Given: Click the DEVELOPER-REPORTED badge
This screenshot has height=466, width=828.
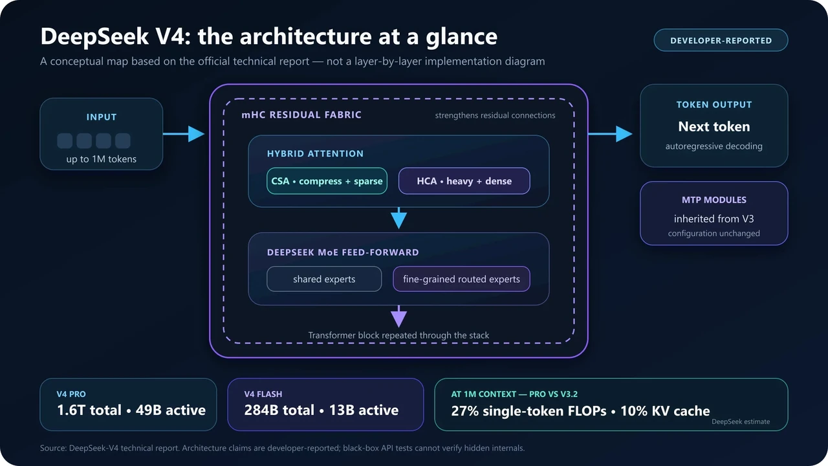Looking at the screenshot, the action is pyautogui.click(x=721, y=40).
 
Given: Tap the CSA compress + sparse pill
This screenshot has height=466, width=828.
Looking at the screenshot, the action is pyautogui.click(x=327, y=181).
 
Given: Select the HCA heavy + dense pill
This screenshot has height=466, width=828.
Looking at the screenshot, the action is pyautogui.click(x=464, y=181).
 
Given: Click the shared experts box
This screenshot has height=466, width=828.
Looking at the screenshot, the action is pyautogui.click(x=324, y=279).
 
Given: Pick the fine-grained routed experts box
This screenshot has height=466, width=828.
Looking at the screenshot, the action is pyautogui.click(x=461, y=279).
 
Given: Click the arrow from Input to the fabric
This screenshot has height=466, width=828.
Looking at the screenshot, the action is pyautogui.click(x=184, y=133).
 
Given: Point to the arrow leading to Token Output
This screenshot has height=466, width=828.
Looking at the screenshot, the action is pyautogui.click(x=610, y=133).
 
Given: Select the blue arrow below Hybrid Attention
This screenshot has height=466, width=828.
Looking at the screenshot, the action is pyautogui.click(x=399, y=218).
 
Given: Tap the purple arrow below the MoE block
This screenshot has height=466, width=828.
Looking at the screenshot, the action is pyautogui.click(x=399, y=316).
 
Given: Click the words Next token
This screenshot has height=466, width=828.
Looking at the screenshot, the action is pyautogui.click(x=714, y=126).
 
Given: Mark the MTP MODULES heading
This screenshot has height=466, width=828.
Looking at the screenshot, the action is pyautogui.click(x=714, y=200).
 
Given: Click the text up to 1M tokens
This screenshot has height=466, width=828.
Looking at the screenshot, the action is pyautogui.click(x=102, y=159).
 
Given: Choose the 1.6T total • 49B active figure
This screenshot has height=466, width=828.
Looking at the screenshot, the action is pyautogui.click(x=131, y=410).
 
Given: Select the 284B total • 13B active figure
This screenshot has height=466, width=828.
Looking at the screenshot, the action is pyautogui.click(x=321, y=410).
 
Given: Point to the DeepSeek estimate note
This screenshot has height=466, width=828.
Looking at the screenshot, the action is pyautogui.click(x=741, y=421).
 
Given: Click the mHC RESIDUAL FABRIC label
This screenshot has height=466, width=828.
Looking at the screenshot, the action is pyautogui.click(x=301, y=115).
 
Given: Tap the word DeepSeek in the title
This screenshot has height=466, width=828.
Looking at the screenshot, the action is pyautogui.click(x=94, y=36).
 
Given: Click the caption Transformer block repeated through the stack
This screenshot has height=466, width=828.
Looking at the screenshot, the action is pyautogui.click(x=398, y=335).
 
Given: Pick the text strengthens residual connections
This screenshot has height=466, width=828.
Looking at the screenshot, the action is pyautogui.click(x=495, y=115).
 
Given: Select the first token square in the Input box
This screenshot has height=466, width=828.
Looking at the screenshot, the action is pyautogui.click(x=65, y=140).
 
